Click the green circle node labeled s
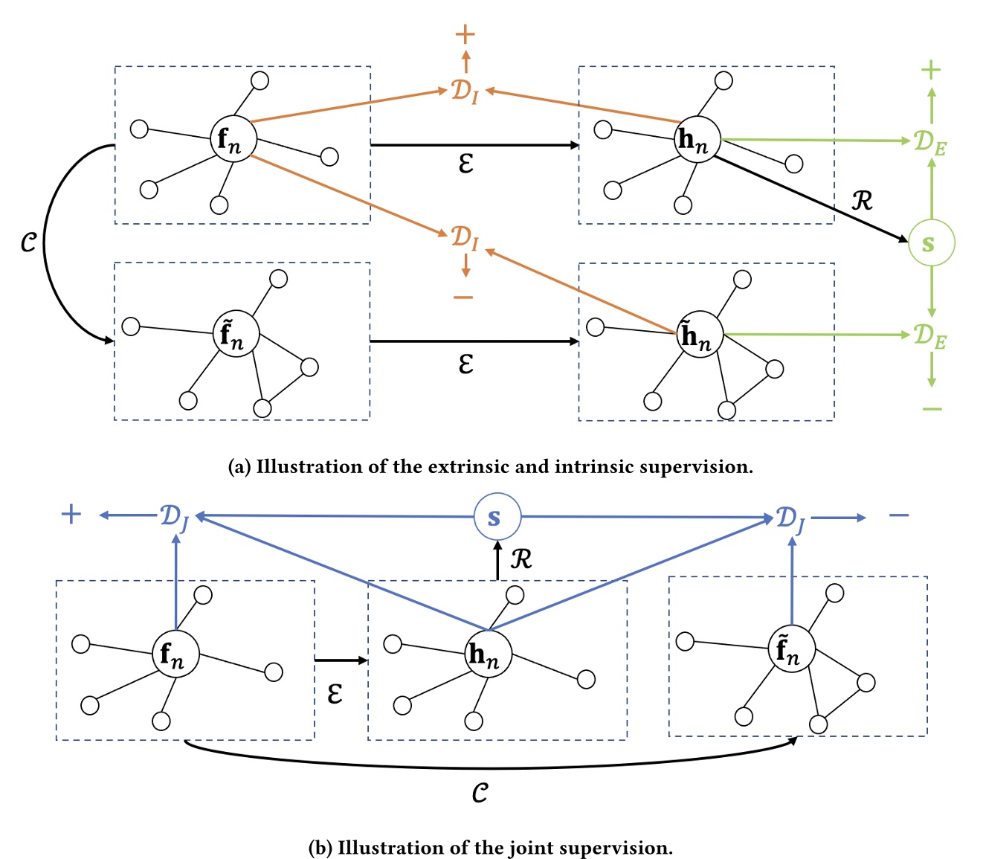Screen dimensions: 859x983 click(x=930, y=243)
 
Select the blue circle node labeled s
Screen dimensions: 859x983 click(x=497, y=517)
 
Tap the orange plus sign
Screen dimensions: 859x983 click(x=465, y=34)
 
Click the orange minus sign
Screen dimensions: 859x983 click(x=463, y=297)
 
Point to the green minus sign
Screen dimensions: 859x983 click(x=932, y=408)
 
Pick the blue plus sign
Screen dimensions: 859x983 click(x=71, y=514)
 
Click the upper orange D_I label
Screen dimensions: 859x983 click(x=465, y=91)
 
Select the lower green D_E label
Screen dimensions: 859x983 click(x=930, y=336)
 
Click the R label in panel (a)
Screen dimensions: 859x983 click(x=861, y=200)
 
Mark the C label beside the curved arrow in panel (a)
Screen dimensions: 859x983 click(x=28, y=242)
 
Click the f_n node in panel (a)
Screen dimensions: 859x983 click(x=233, y=139)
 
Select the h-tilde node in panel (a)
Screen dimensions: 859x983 click(x=699, y=335)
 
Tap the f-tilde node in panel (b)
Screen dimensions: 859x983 click(x=790, y=649)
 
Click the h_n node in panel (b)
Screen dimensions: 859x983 click(x=488, y=654)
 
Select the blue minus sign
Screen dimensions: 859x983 click(x=898, y=515)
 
